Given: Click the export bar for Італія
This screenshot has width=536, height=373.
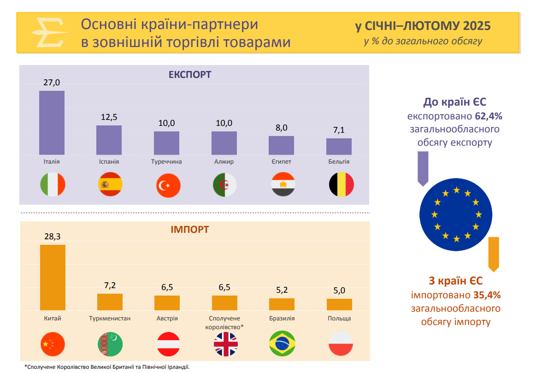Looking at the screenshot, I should [52, 123].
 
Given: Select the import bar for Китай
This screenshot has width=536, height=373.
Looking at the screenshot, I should [53, 278].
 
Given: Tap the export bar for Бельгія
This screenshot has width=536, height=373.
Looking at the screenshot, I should [339, 147].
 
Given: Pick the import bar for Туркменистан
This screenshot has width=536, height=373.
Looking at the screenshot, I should [110, 302].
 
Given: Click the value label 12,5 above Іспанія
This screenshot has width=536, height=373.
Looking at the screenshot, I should [109, 118].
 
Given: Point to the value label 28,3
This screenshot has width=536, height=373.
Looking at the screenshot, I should [53, 237].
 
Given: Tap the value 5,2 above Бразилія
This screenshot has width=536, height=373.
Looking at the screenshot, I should [282, 290].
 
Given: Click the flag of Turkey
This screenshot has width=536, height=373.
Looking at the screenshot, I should [168, 186].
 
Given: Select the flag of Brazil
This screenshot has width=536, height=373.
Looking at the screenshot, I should [282, 343].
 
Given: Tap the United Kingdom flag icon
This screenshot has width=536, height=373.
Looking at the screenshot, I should [226, 343].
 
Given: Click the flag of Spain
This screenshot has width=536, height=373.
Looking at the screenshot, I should [110, 184].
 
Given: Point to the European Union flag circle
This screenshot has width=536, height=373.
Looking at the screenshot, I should [456, 214].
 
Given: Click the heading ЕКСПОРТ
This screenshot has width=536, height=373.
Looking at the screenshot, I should [190, 75].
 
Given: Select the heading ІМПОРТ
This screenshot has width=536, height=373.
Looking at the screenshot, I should [189, 229].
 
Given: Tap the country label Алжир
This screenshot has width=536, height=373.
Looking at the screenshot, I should [224, 162].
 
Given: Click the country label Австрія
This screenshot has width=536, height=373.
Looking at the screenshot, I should [167, 319].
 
